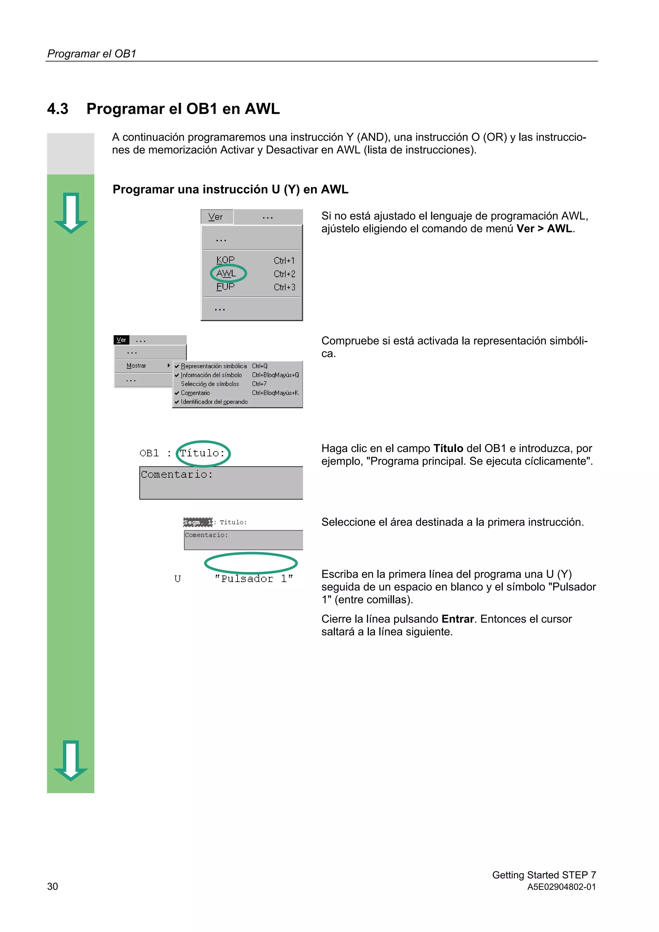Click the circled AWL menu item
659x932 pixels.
pyautogui.click(x=226, y=273)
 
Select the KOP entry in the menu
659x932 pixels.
pyautogui.click(x=225, y=260)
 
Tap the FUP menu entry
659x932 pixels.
pyautogui.click(x=225, y=287)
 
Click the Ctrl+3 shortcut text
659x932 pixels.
pyautogui.click(x=284, y=287)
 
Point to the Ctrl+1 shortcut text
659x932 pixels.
pyautogui.click(x=284, y=261)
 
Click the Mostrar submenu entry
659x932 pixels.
pyautogui.click(x=136, y=366)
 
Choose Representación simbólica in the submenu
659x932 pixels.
pyautogui.click(x=214, y=366)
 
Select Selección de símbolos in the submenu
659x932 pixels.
pyautogui.click(x=210, y=384)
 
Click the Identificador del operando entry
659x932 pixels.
pyautogui.click(x=214, y=402)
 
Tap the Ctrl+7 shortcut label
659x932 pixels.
pyautogui.click(x=259, y=384)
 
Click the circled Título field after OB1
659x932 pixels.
pyautogui.click(x=203, y=453)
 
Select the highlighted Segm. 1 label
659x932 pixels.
pyautogui.click(x=198, y=522)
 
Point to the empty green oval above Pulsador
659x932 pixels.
pyautogui.click(x=251, y=563)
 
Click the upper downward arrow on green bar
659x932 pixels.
pyautogui.click(x=71, y=213)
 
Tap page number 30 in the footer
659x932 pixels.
pyautogui.click(x=53, y=887)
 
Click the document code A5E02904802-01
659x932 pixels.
pyautogui.click(x=561, y=887)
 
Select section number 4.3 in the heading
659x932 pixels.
pyautogui.click(x=58, y=109)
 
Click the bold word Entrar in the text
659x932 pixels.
pyautogui.click(x=458, y=619)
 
